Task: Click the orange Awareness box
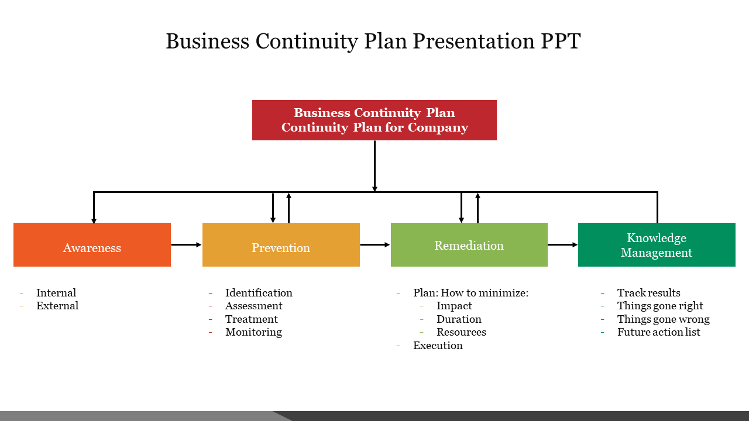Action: click(x=92, y=244)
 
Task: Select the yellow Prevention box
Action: click(x=281, y=244)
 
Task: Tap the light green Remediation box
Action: click(x=469, y=244)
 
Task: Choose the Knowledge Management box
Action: click(x=657, y=244)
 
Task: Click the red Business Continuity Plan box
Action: click(x=374, y=120)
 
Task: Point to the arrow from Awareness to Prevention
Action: click(x=186, y=245)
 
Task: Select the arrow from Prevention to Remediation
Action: click(x=374, y=245)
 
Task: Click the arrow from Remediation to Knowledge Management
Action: click(x=562, y=245)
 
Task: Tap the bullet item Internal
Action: click(x=56, y=293)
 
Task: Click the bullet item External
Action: click(x=57, y=306)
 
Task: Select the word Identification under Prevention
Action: click(x=259, y=293)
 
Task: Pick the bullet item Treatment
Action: click(x=252, y=319)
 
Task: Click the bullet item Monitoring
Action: click(x=253, y=332)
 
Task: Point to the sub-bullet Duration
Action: click(x=459, y=319)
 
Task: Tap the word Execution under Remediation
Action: click(x=438, y=346)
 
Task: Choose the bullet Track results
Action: click(x=648, y=293)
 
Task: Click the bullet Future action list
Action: click(x=658, y=332)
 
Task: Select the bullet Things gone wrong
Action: click(x=663, y=319)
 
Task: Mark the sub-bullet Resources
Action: click(x=461, y=332)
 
